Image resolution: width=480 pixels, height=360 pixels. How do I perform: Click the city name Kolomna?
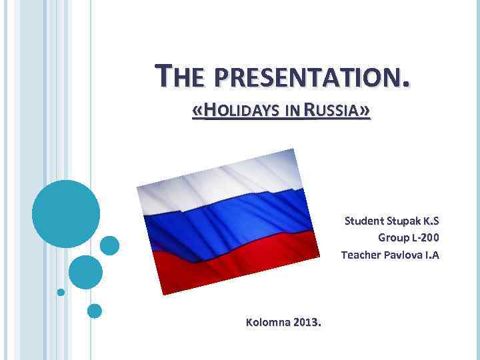[268, 323]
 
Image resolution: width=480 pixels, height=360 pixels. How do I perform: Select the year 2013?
[307, 323]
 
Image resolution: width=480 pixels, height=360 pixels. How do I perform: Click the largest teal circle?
[66, 213]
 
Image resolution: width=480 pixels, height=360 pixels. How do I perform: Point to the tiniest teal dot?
[61, 292]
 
